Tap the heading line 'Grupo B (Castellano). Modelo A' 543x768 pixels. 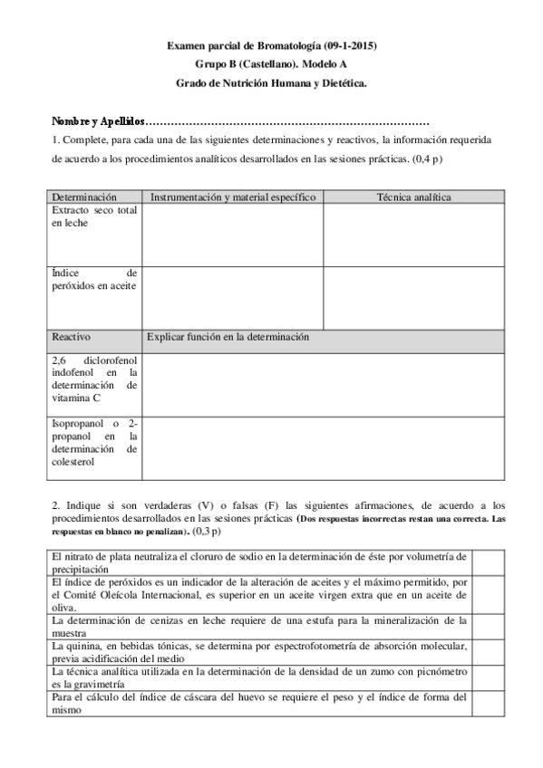pos(271,64)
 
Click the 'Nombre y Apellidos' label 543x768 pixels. pos(98,120)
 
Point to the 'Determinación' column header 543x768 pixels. pos(84,197)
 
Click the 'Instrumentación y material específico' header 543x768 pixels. pos(232,197)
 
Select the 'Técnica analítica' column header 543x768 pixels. pos(413,197)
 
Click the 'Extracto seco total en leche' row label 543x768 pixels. pos(94,216)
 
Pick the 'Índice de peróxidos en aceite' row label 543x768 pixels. pos(94,279)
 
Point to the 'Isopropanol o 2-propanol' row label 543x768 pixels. pos(94,442)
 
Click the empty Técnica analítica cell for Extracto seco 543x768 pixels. pos(413,235)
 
